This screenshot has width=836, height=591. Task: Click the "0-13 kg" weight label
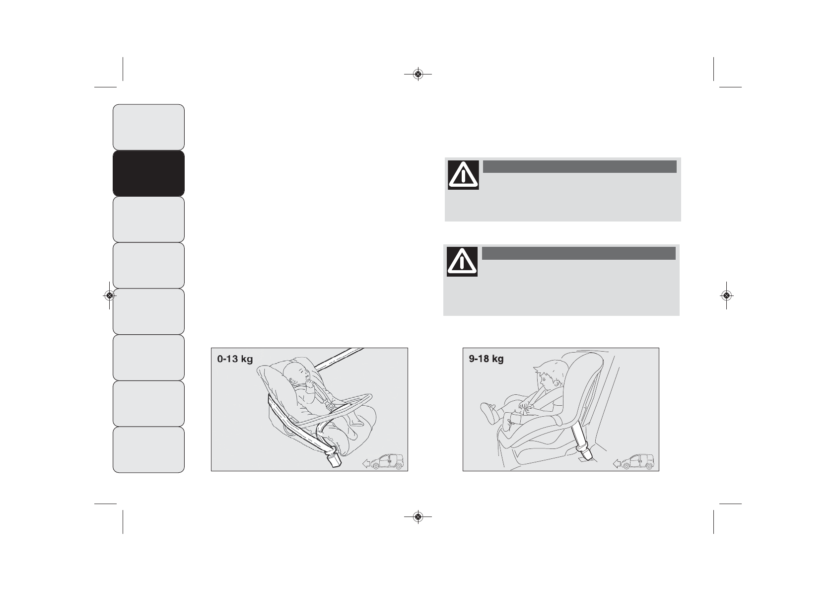235,359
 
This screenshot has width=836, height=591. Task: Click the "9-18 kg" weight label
487,359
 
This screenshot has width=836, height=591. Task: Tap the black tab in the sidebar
148,173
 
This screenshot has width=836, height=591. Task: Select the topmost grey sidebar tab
148,127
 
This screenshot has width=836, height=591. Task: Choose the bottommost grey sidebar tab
148,450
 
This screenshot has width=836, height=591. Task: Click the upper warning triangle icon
463,175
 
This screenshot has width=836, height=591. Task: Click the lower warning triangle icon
462,262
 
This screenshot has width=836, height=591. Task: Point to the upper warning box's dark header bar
580,166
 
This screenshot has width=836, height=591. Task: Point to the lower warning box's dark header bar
578,253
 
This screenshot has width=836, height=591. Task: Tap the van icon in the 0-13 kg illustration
387,462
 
